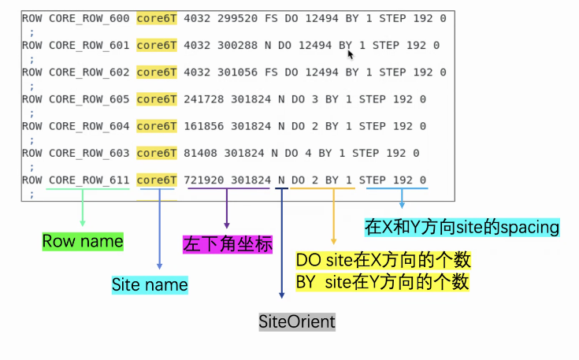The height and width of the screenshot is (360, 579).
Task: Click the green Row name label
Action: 83,241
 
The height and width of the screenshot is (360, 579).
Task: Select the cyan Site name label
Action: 150,284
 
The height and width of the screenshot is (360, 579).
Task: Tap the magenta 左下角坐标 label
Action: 228,244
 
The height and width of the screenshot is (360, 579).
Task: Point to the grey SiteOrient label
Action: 297,321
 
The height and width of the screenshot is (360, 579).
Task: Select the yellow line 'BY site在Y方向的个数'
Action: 383,280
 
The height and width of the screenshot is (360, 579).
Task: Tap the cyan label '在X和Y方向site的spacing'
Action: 462,228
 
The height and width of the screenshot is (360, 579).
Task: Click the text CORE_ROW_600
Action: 89,18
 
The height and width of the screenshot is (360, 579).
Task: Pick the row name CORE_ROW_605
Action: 89,99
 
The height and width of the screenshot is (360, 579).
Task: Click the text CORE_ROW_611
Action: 89,180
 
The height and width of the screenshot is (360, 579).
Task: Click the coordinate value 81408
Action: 200,154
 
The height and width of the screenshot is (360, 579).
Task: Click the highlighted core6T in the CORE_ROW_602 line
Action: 157,72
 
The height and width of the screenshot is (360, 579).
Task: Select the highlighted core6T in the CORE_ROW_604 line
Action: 157,126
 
